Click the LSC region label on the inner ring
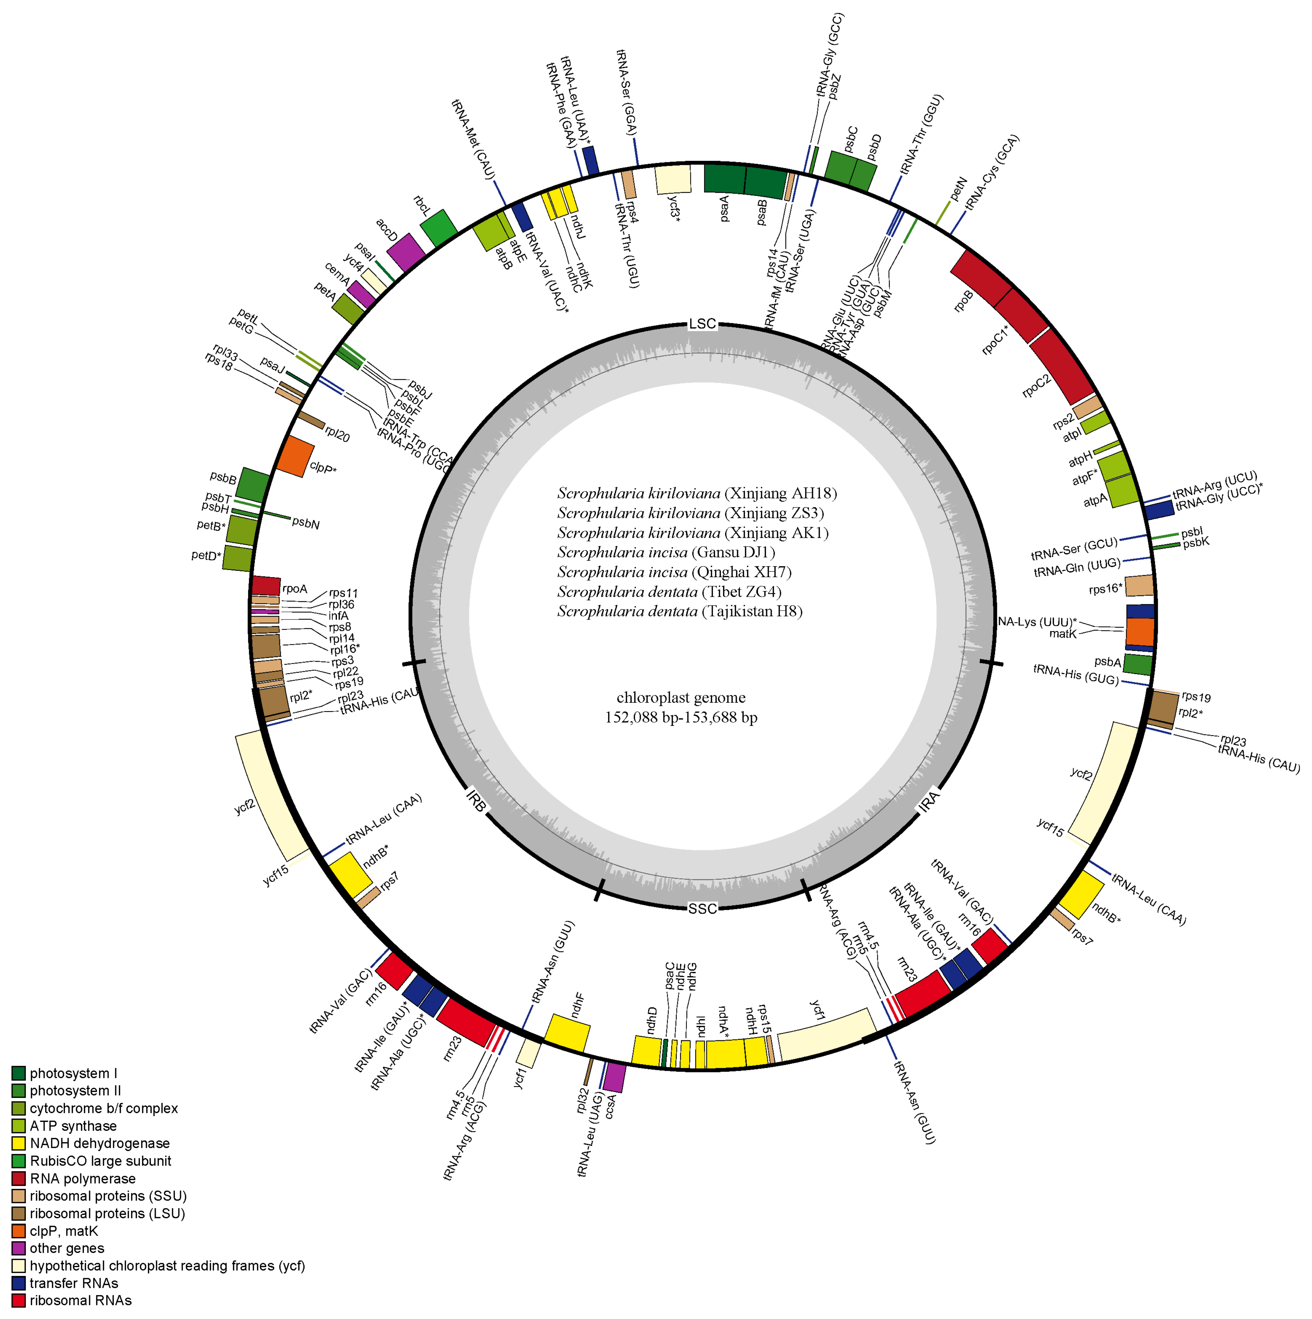click(702, 323)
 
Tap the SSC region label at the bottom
click(702, 909)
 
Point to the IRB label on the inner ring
click(476, 801)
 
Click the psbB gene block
click(252, 485)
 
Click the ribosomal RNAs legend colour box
click(18, 1301)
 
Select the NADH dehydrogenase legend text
click(100, 1144)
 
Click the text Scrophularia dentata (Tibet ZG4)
click(669, 592)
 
